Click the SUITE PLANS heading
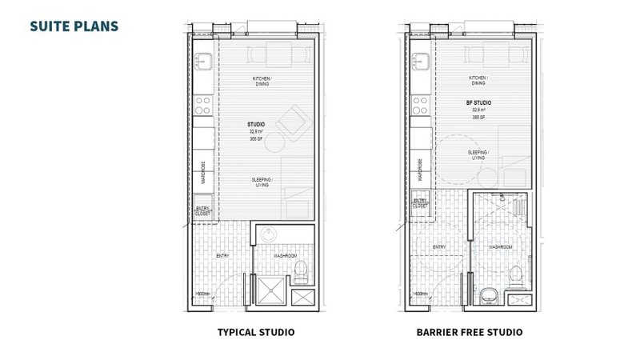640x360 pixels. (x=74, y=26)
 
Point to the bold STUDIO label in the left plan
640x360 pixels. (x=257, y=126)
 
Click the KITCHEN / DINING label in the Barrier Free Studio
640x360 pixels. (x=479, y=81)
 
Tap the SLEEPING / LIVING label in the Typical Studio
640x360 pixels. (x=262, y=182)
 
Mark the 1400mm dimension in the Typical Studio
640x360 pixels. (x=201, y=294)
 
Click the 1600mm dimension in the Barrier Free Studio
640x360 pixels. (x=417, y=294)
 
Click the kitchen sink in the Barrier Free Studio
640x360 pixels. (x=420, y=62)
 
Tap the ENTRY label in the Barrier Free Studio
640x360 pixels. (x=439, y=248)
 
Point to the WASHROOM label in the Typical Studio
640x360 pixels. (x=286, y=256)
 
